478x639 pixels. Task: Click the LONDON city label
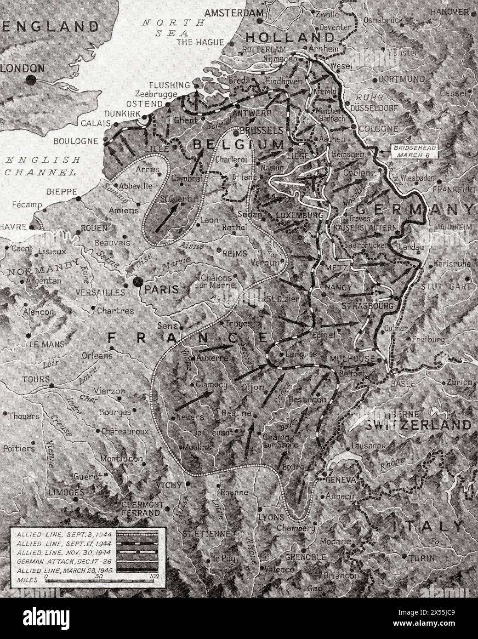click(x=24, y=68)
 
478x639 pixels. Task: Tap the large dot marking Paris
click(x=137, y=282)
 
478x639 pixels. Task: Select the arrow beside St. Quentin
click(x=167, y=218)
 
